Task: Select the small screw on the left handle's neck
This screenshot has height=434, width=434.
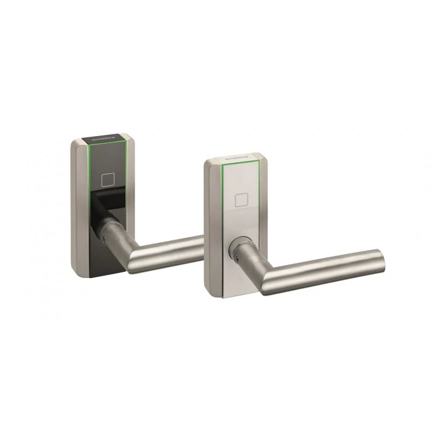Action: pos(101,238)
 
